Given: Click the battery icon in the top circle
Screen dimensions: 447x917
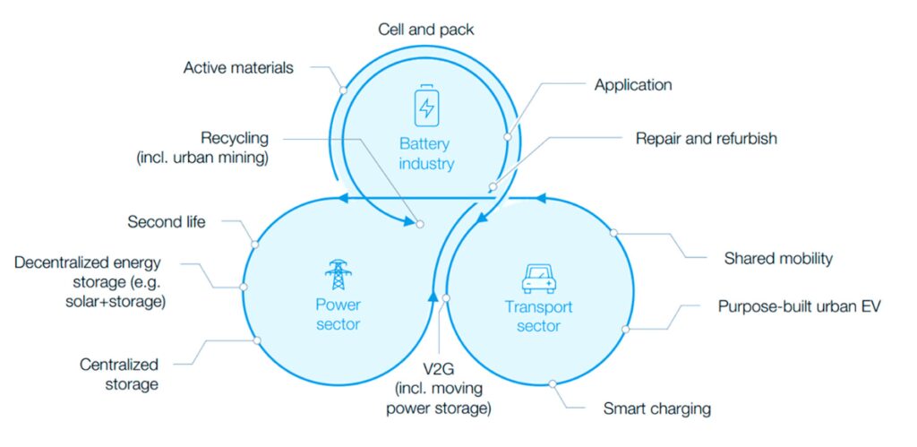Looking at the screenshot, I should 427,105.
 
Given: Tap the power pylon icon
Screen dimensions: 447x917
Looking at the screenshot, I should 338,275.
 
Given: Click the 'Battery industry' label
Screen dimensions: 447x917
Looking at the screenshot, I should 427,153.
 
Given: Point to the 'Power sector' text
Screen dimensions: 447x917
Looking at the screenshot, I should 338,314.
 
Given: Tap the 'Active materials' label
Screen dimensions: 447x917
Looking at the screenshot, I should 238,68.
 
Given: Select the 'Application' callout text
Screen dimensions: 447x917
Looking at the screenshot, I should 632,85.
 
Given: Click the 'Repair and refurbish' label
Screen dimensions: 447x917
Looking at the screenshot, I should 706,139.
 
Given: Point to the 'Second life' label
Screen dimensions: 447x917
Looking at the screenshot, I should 167,221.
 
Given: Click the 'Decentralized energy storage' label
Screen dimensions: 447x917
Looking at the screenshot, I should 90,281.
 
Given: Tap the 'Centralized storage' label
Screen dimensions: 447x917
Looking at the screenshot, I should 119,374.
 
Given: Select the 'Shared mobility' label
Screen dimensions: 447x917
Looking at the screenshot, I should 778,259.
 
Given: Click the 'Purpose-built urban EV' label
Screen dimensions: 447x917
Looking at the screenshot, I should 800,306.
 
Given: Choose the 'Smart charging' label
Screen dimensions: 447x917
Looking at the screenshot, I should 657,409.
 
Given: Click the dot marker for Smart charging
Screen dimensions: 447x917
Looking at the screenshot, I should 553,383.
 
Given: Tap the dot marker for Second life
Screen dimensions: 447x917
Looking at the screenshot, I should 255,244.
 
